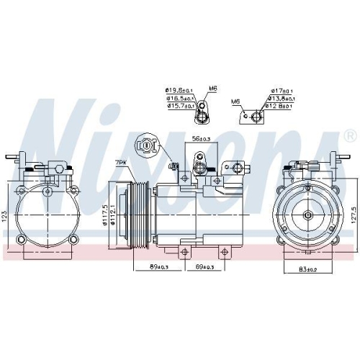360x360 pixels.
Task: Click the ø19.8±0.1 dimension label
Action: [179, 91]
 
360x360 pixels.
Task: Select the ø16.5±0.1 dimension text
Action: [179, 98]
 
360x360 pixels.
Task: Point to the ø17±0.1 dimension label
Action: [280, 91]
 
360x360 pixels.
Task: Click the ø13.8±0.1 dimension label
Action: [280, 99]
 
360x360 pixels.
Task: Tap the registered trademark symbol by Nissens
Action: [349, 135]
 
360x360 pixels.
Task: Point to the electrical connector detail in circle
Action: [148, 145]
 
